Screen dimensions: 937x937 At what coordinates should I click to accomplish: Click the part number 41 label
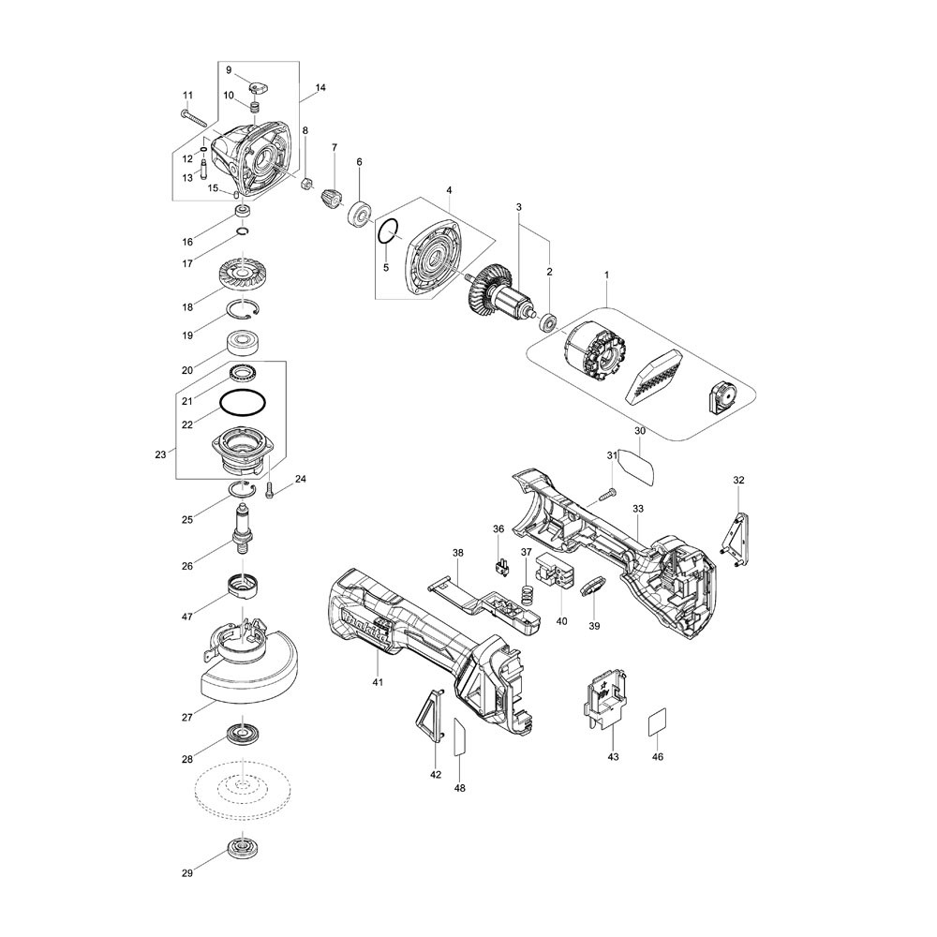[x=378, y=682]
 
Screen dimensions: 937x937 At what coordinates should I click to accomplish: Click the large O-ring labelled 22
[x=243, y=402]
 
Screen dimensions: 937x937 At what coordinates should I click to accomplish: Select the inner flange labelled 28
[x=244, y=734]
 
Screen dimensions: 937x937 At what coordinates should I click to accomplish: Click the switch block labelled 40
[x=556, y=571]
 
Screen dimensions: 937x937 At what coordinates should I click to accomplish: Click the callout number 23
[x=160, y=454]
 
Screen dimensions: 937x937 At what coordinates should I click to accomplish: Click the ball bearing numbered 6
[x=361, y=213]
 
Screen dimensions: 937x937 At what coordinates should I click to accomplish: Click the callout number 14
[x=320, y=87]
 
